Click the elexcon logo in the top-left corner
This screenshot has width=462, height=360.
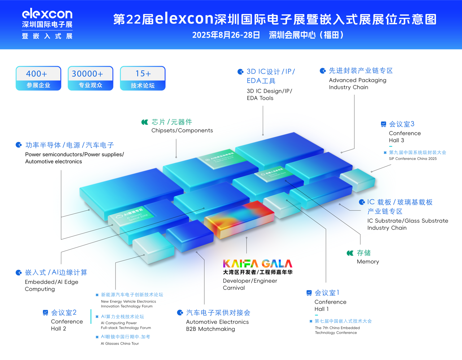[x=47, y=23]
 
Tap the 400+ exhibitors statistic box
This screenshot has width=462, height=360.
[x=38, y=78]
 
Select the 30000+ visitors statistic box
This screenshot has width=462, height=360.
[x=90, y=78]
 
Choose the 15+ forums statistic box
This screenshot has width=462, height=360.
[x=143, y=78]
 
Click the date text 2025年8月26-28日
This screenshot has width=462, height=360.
[x=226, y=35]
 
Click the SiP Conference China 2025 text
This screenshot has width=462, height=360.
[x=413, y=159]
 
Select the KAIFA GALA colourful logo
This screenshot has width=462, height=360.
[x=257, y=264]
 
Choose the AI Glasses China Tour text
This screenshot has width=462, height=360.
[x=120, y=343]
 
